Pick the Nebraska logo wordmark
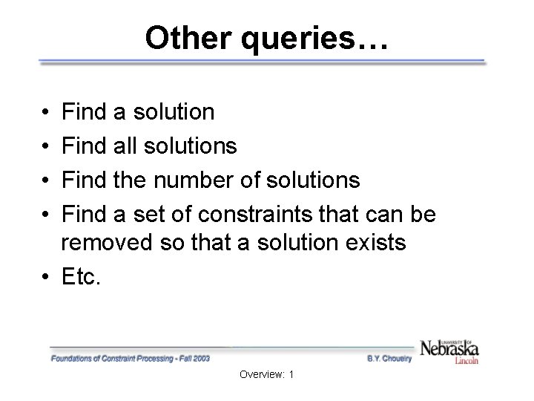coord(449,348)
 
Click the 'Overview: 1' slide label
coord(267,375)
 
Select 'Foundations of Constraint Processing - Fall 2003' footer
coord(131,358)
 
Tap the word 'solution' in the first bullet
coord(174,113)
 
